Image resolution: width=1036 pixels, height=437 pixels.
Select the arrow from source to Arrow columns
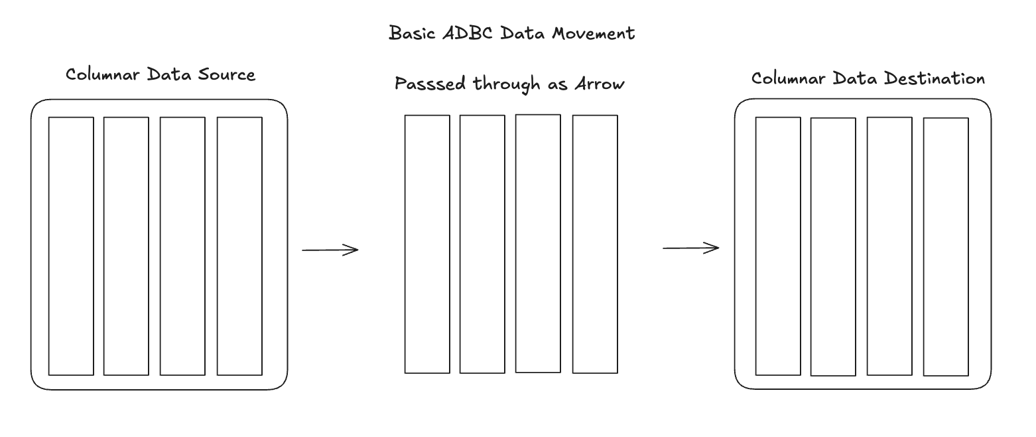pos(330,250)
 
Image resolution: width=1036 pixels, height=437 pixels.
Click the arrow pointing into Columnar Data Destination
pos(690,248)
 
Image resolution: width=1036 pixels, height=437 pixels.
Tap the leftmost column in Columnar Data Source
pos(71,246)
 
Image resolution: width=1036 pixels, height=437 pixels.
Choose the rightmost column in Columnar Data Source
pos(239,246)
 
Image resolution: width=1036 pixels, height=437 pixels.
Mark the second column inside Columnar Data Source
pos(126,246)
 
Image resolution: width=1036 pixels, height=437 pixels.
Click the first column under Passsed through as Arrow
pos(427,244)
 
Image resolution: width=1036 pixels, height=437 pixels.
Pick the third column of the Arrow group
pos(538,243)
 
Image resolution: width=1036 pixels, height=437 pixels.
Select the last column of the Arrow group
pos(595,244)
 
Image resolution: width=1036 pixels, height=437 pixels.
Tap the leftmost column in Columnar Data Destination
pos(778,246)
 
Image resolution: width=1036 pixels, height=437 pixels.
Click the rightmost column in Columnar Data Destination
pos(946,246)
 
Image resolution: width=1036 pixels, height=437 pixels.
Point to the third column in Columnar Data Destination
pos(889,246)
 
